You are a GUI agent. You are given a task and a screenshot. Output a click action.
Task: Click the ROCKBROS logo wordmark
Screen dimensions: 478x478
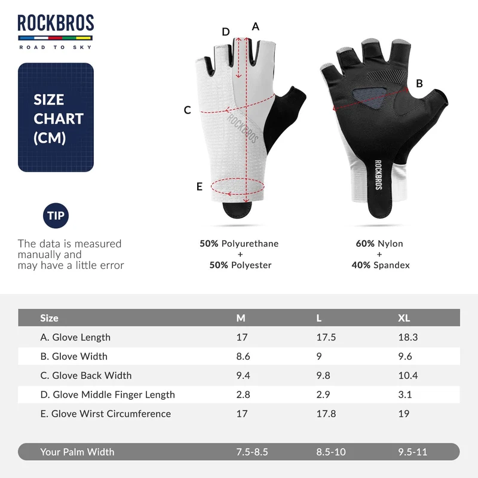point(56,23)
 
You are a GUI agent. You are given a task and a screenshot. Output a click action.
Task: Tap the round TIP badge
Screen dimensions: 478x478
point(56,216)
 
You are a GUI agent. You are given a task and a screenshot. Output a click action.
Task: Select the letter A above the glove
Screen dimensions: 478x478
point(256,27)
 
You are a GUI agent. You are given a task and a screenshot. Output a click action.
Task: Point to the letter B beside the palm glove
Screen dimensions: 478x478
point(419,84)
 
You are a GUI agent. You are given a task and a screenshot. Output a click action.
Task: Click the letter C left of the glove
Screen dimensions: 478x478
point(188,110)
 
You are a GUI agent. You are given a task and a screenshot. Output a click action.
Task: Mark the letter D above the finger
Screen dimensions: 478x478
point(226,32)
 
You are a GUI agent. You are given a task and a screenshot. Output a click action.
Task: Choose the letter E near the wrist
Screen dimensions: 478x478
point(200,186)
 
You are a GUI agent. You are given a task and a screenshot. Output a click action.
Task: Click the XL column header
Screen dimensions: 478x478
point(404,318)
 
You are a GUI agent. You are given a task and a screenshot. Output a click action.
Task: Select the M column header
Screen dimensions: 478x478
point(241,318)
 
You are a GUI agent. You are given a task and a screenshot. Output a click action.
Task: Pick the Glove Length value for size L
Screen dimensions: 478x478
point(326,337)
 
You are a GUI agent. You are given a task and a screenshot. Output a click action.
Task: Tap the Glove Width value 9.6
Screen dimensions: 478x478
point(405,356)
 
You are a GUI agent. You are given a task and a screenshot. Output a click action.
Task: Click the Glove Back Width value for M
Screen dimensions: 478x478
point(243,375)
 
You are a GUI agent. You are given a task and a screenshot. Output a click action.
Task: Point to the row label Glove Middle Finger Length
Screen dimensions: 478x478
point(108,394)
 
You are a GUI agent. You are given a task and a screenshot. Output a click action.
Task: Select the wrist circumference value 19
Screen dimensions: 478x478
point(404,413)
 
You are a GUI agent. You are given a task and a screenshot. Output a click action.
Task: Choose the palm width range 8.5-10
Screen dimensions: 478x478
point(331,452)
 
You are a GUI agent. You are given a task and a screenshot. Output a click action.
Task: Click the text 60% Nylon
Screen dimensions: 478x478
point(379,244)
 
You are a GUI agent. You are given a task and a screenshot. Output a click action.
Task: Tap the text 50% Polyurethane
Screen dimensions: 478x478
point(239,244)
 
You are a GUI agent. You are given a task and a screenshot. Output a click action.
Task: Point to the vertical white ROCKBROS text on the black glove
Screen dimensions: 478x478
point(378,174)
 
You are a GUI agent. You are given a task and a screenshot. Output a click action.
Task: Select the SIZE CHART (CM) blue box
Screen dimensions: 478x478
point(56,117)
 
